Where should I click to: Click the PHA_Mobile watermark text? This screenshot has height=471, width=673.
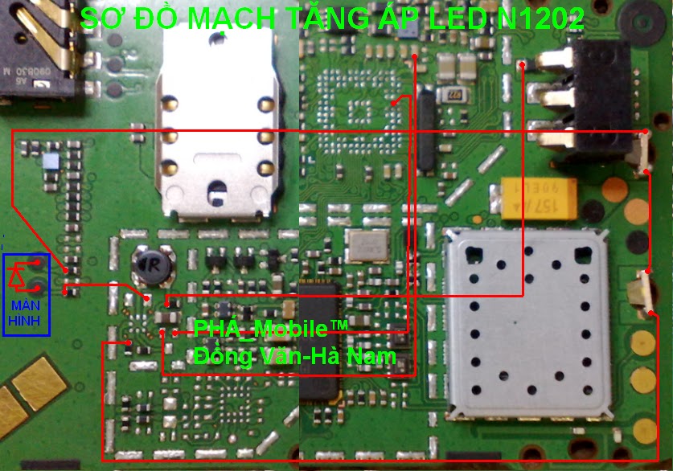(271, 329)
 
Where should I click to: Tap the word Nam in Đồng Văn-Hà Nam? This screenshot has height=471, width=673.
(372, 354)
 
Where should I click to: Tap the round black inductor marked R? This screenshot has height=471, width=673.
(151, 267)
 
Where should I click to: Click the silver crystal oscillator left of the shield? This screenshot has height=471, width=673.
(367, 247)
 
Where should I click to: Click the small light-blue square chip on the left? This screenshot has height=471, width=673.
(52, 161)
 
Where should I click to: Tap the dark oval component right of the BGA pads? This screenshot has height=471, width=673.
(425, 133)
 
